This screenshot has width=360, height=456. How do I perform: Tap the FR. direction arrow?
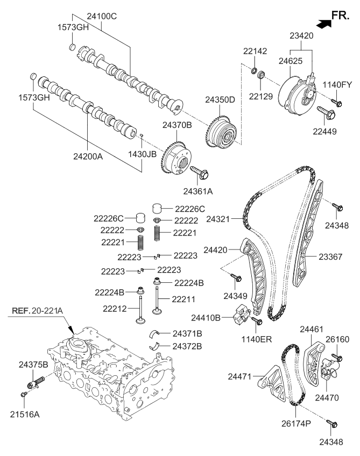[324, 23]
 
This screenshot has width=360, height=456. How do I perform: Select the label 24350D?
[220, 99]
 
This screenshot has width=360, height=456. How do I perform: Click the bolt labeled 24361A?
[201, 173]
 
